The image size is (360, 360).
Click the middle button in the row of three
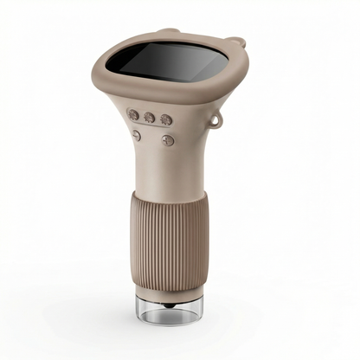tap(150, 117)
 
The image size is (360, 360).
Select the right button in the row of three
tap(166, 120)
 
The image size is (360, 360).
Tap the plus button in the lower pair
tap(168, 140)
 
